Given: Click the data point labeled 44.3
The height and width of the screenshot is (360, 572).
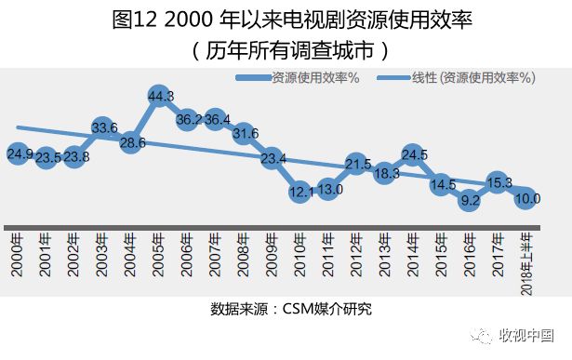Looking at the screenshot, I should click(160, 96).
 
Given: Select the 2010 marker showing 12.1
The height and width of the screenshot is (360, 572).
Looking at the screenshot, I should click(301, 192).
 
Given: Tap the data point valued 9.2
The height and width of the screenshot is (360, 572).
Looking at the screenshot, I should click(470, 199).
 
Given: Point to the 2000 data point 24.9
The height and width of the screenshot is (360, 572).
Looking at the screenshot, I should click(20, 153).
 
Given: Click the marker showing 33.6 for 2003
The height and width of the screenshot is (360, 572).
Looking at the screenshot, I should click(104, 127).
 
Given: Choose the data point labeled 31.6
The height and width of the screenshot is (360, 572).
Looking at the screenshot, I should click(246, 134).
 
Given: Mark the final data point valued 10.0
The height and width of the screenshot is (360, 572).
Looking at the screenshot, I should click(527, 197).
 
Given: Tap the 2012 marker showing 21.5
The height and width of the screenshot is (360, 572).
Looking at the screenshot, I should click(358, 164).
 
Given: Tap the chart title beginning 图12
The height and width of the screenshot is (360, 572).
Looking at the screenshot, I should click(286, 20).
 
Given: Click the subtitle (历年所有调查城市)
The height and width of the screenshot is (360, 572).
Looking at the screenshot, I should click(286, 48).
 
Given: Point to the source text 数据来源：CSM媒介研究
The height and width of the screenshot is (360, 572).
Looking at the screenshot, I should click(286, 307).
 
